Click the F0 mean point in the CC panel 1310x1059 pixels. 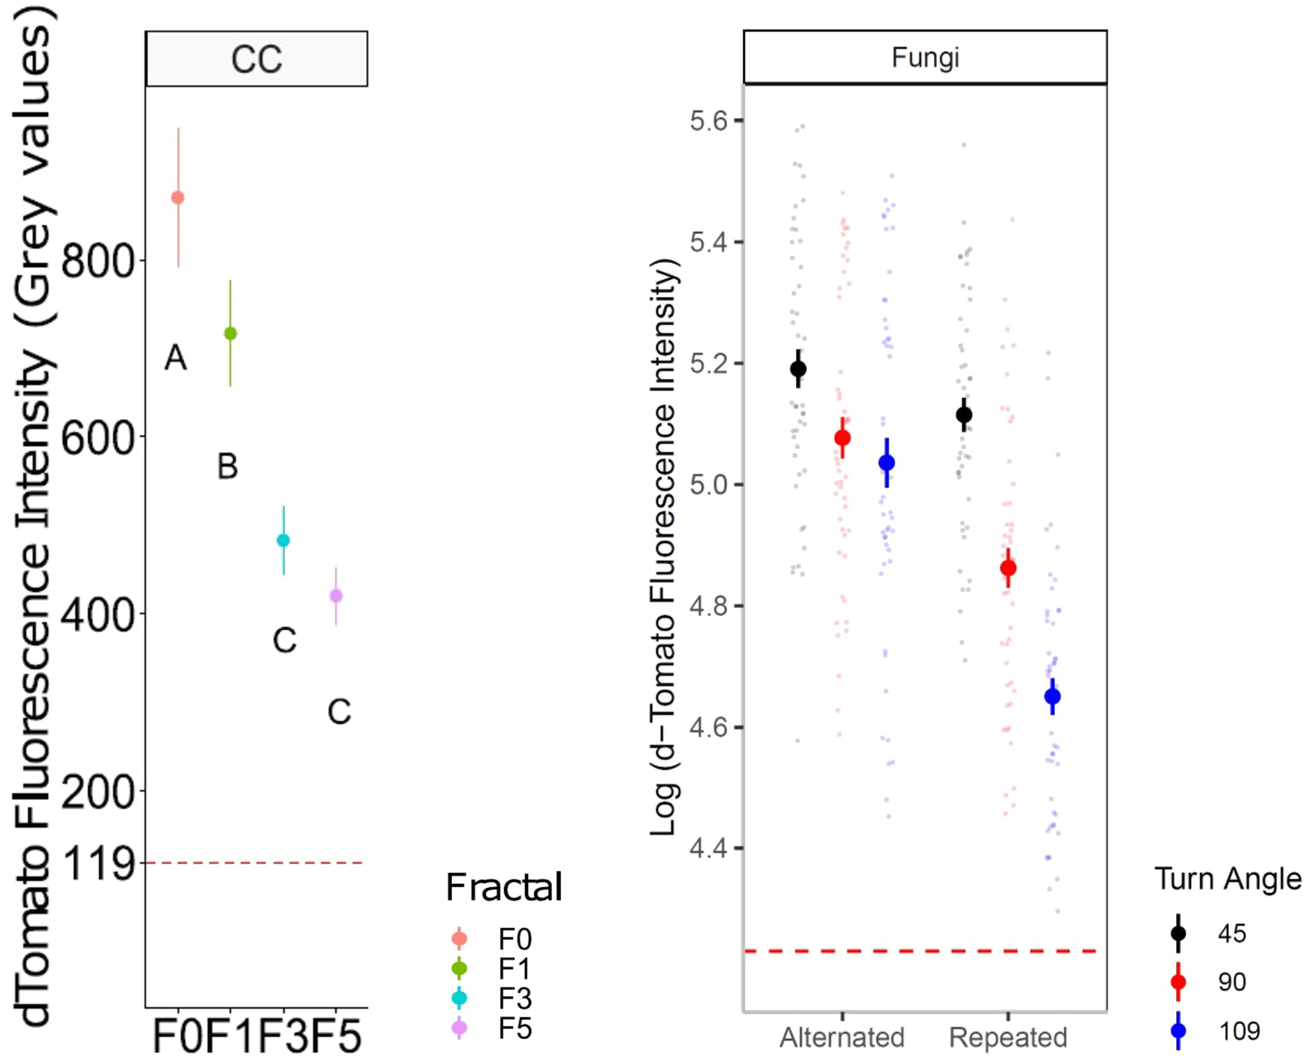(178, 198)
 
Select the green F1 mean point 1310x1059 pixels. (230, 333)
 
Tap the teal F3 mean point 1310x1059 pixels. (283, 540)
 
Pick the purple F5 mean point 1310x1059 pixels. (336, 596)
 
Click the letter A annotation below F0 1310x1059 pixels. (176, 358)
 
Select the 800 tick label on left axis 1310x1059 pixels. (97, 262)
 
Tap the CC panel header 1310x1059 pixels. (256, 59)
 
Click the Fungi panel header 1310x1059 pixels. (925, 57)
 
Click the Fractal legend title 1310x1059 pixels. (504, 887)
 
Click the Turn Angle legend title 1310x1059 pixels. (1227, 880)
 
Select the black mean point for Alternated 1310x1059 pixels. (798, 369)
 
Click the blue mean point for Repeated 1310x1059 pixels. (1052, 696)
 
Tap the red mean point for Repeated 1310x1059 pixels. (1009, 568)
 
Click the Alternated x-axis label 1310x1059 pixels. (842, 1037)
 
